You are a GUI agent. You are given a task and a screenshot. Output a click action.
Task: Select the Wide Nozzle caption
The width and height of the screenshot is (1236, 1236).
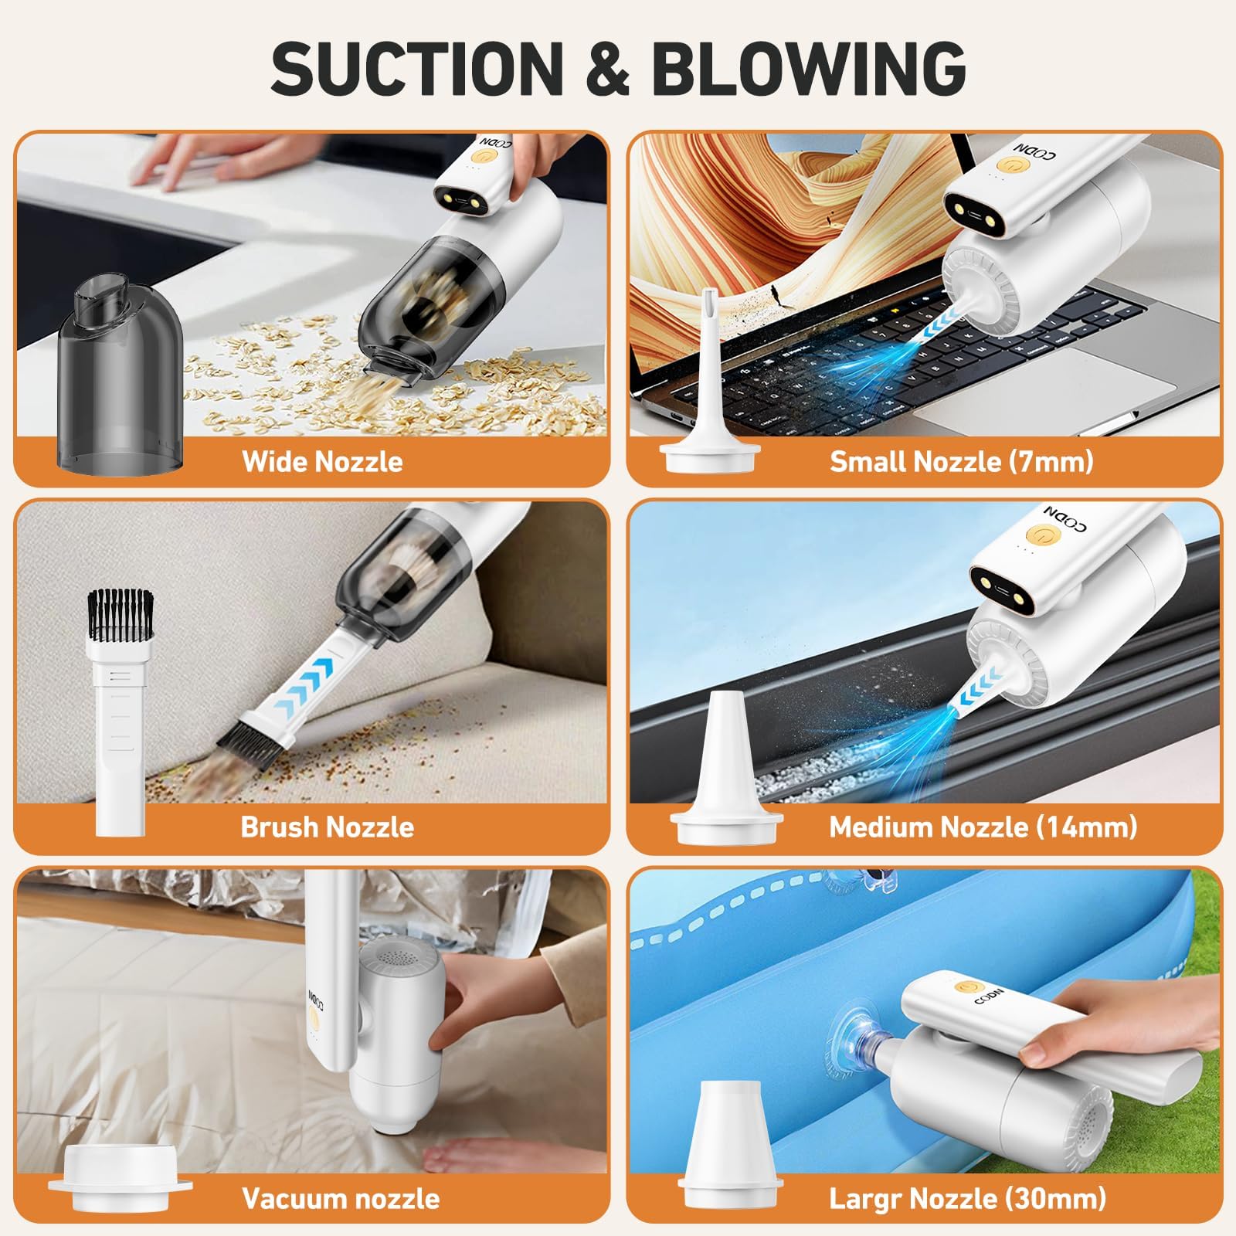[x=322, y=461]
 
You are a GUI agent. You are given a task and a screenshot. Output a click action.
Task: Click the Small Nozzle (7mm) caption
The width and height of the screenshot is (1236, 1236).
[x=962, y=461]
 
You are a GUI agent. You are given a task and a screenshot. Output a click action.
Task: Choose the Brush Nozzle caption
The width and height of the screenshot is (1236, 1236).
[x=328, y=827]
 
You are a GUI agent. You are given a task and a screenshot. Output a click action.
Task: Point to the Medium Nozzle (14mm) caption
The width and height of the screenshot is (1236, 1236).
[x=983, y=827]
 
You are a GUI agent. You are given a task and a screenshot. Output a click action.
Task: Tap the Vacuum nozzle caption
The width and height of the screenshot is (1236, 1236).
[x=341, y=1198]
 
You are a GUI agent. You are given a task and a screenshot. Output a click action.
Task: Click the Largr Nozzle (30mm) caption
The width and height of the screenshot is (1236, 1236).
[x=968, y=1198]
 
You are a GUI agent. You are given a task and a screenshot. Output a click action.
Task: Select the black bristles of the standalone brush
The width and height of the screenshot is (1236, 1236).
[x=120, y=614]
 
